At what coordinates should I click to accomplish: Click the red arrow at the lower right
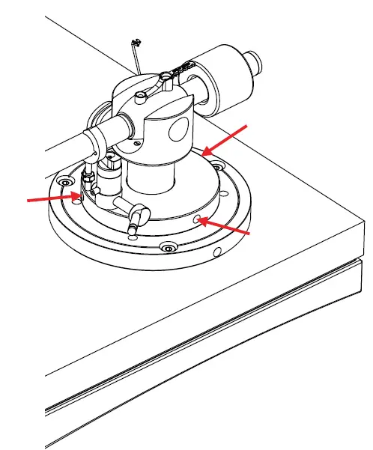coord(225,228)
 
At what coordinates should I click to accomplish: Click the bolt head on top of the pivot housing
coord(142,95)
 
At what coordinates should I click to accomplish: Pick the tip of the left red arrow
coord(77,197)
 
